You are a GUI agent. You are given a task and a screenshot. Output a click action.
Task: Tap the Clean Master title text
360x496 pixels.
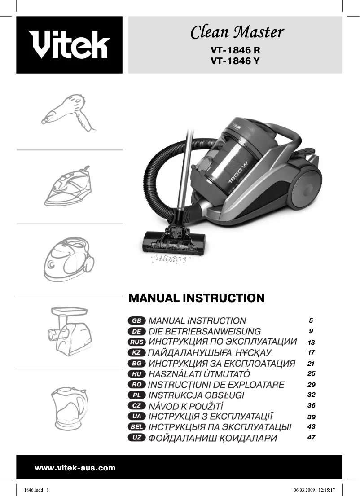[237, 32]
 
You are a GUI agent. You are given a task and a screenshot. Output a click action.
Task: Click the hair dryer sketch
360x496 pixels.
[69, 112]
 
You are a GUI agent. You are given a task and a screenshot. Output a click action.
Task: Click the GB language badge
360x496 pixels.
[136, 321]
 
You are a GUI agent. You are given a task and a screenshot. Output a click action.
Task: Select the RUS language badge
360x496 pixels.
[136, 342]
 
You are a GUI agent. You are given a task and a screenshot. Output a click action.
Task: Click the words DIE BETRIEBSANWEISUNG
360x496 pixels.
[204, 332]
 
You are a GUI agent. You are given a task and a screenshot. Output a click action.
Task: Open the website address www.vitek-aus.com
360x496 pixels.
[75, 468]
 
